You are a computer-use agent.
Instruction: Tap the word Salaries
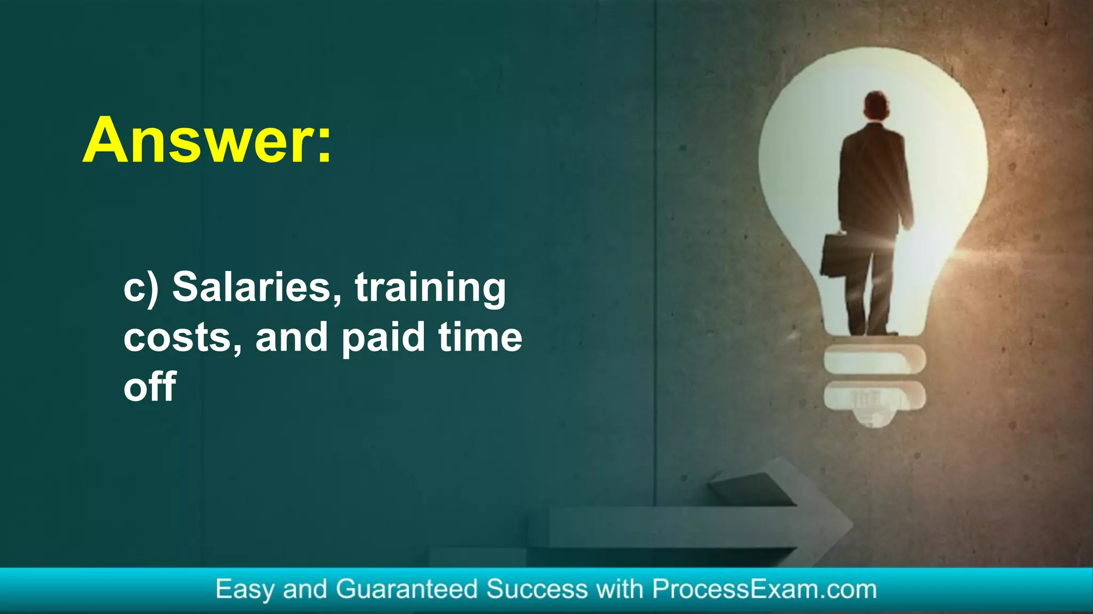coord(257,287)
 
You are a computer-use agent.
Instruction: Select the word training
coord(430,288)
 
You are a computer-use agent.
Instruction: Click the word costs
coord(182,338)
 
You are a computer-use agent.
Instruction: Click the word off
coord(150,386)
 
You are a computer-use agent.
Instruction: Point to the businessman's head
coord(876,106)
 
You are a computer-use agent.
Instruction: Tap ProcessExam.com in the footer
coord(764,589)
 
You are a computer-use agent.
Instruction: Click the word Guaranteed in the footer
coord(407,589)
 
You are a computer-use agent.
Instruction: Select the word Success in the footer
coord(537,589)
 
